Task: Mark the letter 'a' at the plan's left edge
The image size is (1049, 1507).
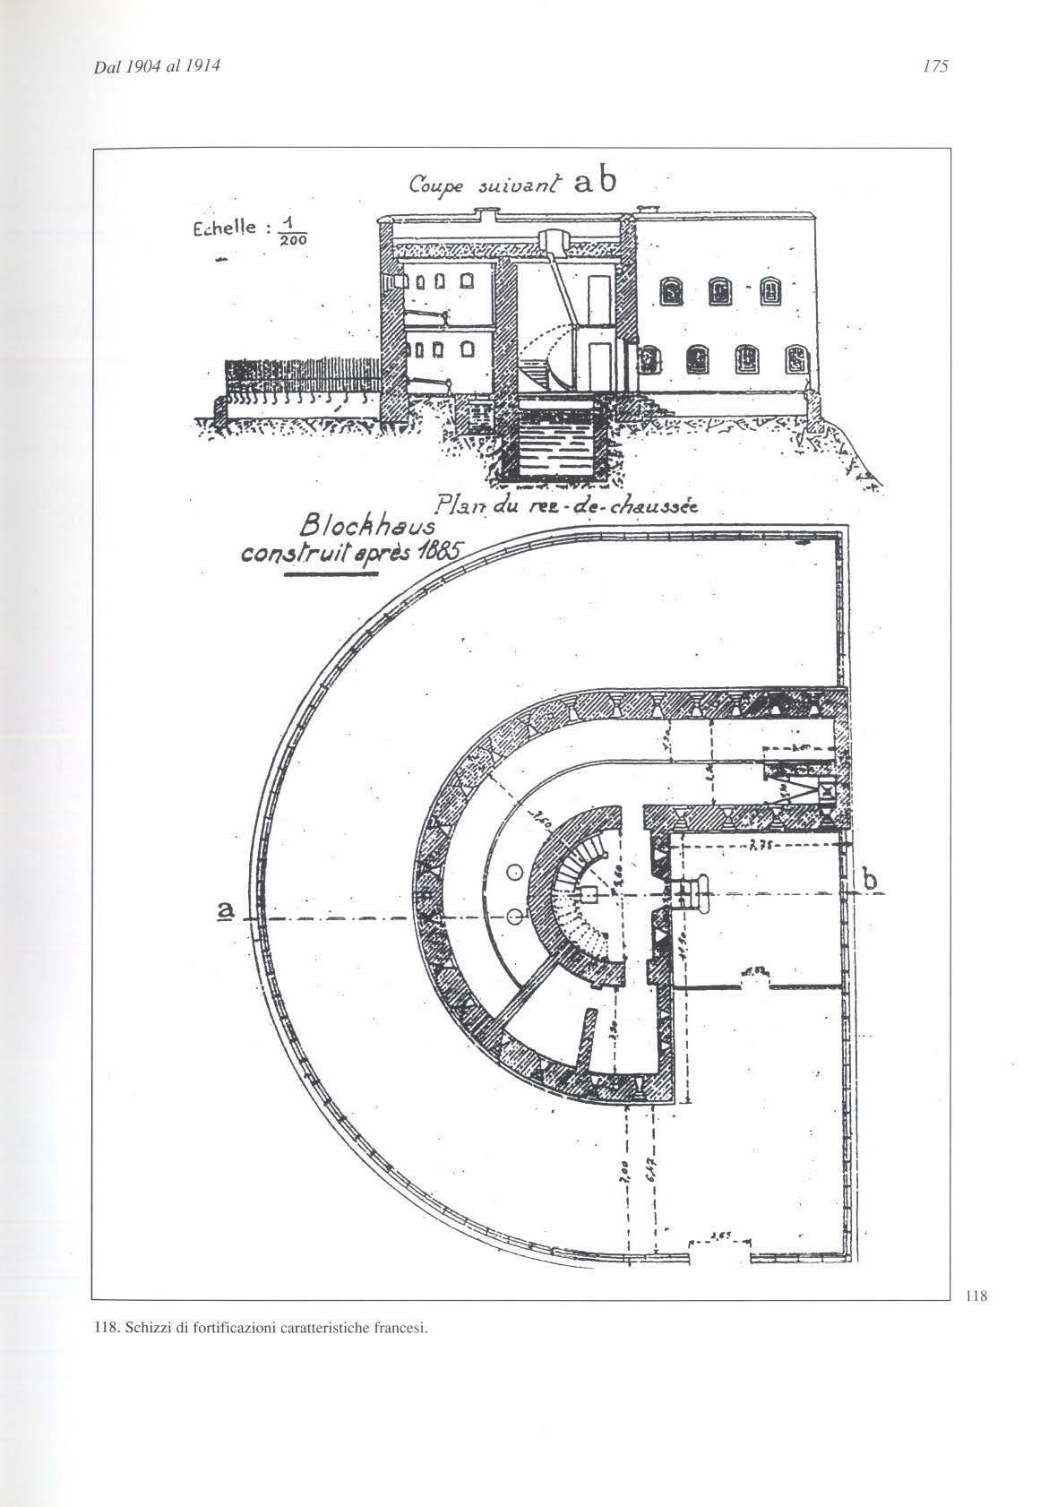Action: coord(226,909)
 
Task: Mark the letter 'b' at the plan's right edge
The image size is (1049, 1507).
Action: coord(869,880)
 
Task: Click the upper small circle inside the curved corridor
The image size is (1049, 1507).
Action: coord(514,872)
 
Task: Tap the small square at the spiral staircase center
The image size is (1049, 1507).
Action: coord(589,894)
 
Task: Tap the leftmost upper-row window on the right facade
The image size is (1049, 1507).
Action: coord(669,289)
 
